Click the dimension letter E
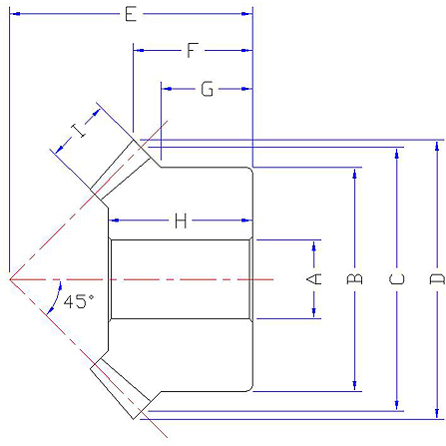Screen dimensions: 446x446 coord(131,14)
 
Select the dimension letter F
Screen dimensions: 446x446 coord(193,50)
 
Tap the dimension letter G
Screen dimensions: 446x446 coord(207,89)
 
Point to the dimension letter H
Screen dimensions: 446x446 coord(181,221)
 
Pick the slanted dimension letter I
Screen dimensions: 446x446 coord(79,131)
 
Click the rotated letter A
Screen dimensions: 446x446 coord(313,278)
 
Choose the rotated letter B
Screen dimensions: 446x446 coord(354,278)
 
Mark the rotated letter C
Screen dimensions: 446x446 coord(396,278)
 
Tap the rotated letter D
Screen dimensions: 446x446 coord(437,278)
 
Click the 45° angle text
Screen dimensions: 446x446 coord(79,301)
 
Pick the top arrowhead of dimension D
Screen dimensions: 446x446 coord(437,146)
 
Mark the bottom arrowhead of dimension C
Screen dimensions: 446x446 coord(396,405)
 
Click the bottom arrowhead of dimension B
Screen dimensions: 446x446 coord(354,386)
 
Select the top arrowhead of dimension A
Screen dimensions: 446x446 coord(313,245)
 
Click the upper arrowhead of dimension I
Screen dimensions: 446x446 coord(96,113)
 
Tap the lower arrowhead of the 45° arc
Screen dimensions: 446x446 coord(50,310)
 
